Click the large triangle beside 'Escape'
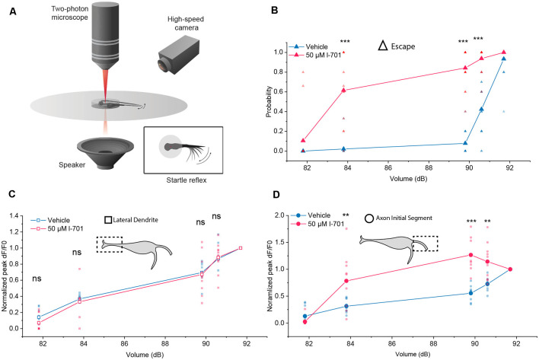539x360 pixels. [385, 46]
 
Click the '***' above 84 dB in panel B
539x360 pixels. [345, 43]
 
